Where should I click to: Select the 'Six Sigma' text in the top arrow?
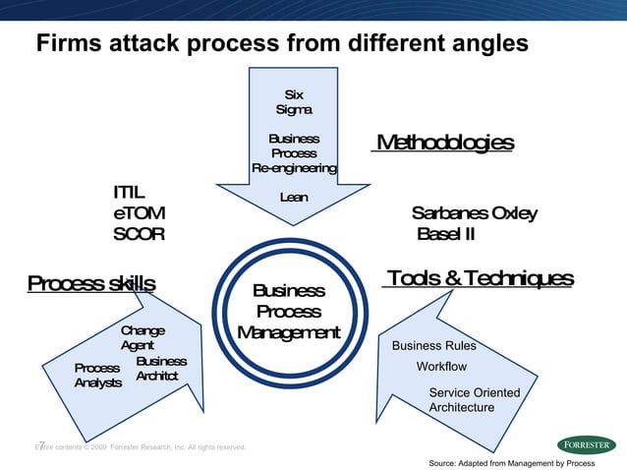coord(294,103)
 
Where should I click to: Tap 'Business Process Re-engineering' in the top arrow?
coord(294,153)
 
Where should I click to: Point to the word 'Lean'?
coord(294,198)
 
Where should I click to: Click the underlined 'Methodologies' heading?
coord(442,144)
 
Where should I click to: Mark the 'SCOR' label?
coord(139,234)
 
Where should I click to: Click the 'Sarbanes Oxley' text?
coord(475,213)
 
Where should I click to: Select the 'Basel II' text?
coord(446,234)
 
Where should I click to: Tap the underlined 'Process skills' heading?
coord(90,284)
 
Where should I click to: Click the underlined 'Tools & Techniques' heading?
coord(478,279)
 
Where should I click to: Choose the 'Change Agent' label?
coord(142,338)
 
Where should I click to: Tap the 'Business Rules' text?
coord(433,346)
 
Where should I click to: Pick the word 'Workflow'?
coord(442,367)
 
